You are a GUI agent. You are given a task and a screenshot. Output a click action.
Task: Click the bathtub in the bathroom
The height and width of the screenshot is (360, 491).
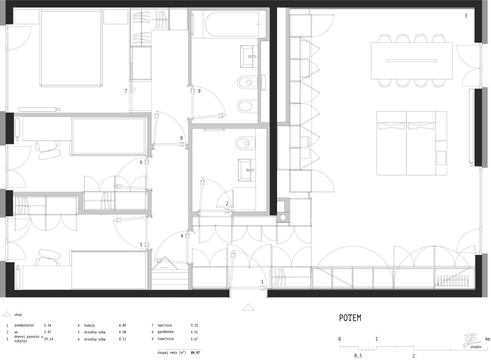[232, 24]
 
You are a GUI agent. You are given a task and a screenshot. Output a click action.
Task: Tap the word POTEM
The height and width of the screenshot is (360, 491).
[350, 318]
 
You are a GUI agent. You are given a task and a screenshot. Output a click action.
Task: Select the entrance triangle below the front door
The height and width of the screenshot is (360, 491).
[248, 307]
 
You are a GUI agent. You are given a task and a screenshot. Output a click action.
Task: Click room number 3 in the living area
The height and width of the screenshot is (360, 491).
[466, 16]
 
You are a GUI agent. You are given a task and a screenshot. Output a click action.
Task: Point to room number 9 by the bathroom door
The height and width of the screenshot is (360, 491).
[199, 91]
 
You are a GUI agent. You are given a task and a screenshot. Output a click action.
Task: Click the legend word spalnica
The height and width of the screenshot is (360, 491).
[165, 325]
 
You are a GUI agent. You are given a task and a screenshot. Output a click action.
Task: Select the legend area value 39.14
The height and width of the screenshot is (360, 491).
[48, 339]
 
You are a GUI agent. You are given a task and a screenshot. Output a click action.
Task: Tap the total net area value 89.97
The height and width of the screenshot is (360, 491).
[195, 352]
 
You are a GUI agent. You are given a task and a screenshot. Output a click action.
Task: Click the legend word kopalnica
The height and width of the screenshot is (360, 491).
[165, 339]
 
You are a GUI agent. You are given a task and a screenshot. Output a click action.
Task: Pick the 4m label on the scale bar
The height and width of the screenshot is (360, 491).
[487, 339]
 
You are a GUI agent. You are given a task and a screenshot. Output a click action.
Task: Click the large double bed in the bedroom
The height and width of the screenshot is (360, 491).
[71, 48]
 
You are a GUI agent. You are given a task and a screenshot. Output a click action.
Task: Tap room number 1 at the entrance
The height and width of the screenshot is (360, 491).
[262, 282]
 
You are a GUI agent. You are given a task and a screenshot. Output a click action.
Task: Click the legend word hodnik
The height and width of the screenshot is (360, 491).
[90, 325]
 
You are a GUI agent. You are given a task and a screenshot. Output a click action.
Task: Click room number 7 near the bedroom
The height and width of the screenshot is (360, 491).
[126, 91]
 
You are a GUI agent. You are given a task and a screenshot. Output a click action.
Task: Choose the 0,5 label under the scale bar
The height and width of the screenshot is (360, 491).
[358, 356]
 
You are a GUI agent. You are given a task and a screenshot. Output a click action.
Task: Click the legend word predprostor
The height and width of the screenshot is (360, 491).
[24, 325]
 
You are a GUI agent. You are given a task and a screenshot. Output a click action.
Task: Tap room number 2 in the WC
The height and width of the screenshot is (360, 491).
[227, 203]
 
